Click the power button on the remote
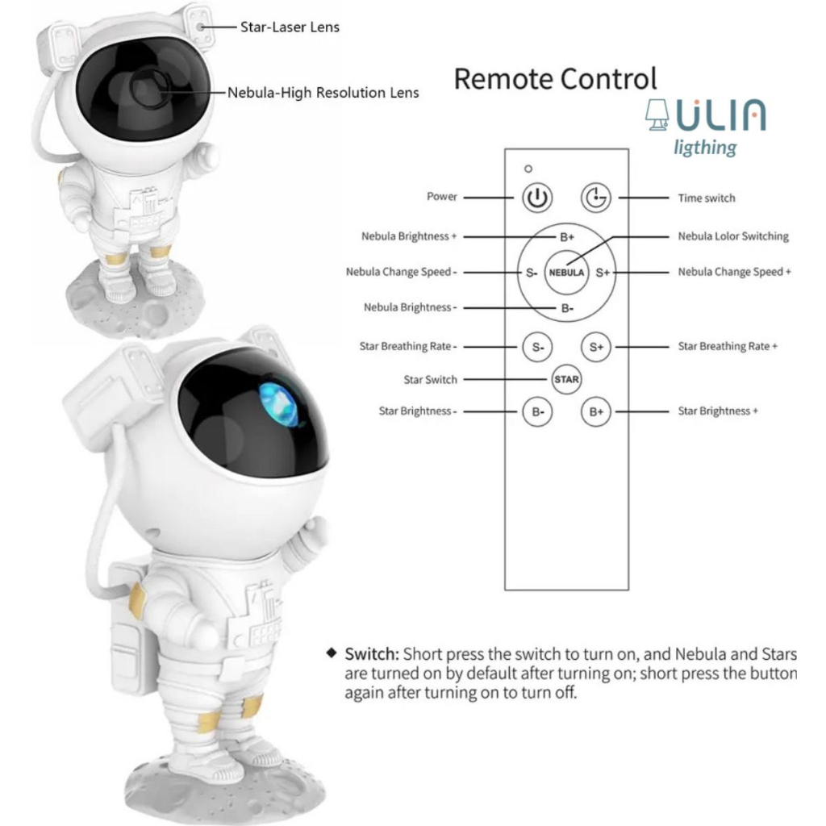(x=536, y=197)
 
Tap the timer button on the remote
(x=597, y=197)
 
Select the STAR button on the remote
(x=566, y=379)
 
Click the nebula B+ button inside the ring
(x=567, y=238)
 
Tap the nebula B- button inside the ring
(x=567, y=308)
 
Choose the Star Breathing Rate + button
(x=596, y=347)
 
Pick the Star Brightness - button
(x=536, y=411)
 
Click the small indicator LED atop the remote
(x=528, y=169)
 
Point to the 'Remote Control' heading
(x=555, y=79)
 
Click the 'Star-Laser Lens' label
(x=290, y=27)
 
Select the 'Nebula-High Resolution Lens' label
(x=323, y=93)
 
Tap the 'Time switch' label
(x=707, y=198)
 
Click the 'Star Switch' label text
(x=430, y=379)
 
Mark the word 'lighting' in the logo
(x=706, y=148)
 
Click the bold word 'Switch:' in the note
(x=372, y=653)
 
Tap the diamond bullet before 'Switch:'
(x=330, y=652)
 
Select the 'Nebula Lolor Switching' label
(x=733, y=236)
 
